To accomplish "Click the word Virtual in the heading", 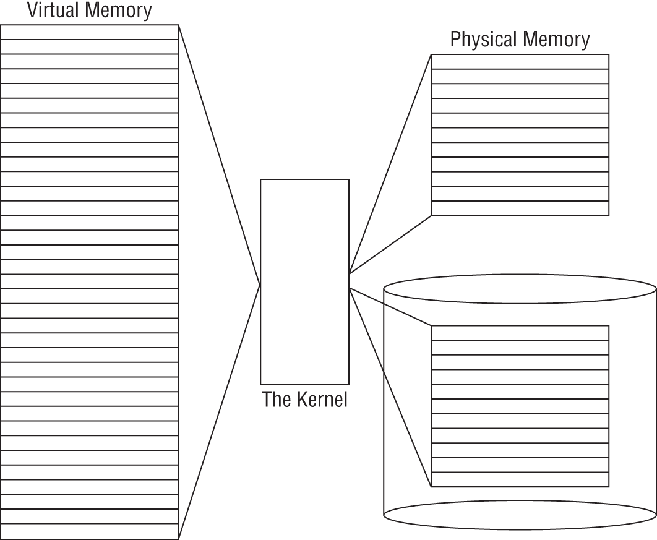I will coord(51,11).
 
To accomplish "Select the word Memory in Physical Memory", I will coord(556,40).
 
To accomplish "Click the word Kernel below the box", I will coord(318,400).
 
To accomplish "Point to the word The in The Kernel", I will coord(275,400).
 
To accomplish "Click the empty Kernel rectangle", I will coord(304,281).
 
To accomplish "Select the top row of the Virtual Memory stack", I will coord(90,32).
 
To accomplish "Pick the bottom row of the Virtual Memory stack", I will coord(90,531).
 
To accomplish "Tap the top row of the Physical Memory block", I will coord(520,61).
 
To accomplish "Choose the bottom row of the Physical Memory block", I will coord(520,208).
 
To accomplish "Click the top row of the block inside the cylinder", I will coord(520,333).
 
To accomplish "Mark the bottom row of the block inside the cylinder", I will coord(520,480).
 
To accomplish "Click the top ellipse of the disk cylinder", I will coord(520,289).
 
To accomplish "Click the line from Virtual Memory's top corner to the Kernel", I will coord(219,155).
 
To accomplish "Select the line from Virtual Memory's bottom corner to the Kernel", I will coord(219,411).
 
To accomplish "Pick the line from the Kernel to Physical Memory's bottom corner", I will coord(390,244).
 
